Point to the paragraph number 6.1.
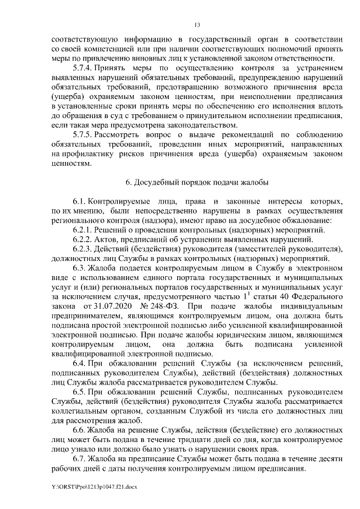78,201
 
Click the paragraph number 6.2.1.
83,229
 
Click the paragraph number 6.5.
78,394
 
